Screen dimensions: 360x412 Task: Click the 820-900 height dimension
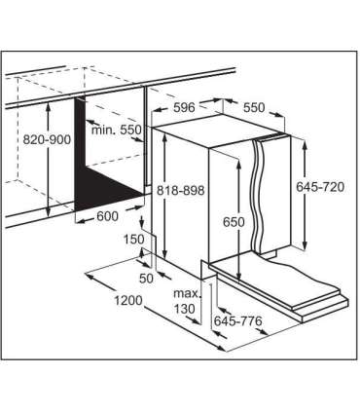pyautogui.click(x=47, y=140)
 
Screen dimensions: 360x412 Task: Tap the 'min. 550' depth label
pyautogui.click(x=117, y=131)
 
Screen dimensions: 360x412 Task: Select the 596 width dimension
pyautogui.click(x=184, y=107)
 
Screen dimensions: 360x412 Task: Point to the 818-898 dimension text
pyautogui.click(x=181, y=190)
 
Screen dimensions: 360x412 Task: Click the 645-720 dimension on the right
pyautogui.click(x=320, y=187)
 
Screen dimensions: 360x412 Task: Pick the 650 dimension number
pyautogui.click(x=234, y=222)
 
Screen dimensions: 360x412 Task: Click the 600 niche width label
pyautogui.click(x=108, y=216)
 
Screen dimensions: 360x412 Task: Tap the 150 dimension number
pyautogui.click(x=133, y=240)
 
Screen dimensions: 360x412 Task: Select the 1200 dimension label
pyautogui.click(x=128, y=301)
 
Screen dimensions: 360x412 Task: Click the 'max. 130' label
pyautogui.click(x=187, y=301)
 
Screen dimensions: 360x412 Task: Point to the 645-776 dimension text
pyautogui.click(x=237, y=321)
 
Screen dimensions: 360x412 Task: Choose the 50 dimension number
pyautogui.click(x=146, y=279)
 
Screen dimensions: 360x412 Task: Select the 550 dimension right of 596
pyautogui.click(x=254, y=107)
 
